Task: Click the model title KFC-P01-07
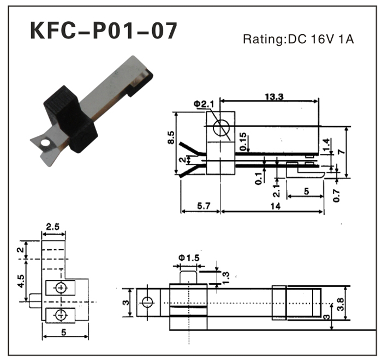(103, 31)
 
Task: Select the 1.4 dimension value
(326, 145)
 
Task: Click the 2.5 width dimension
(53, 226)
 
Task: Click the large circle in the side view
(222, 129)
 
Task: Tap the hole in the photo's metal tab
(44, 142)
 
